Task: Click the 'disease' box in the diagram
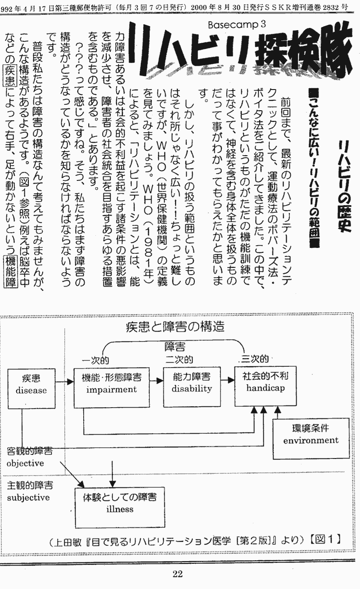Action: tap(31, 388)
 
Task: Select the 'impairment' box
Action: tap(112, 387)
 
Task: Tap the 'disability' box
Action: tap(192, 387)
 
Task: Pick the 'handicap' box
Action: tap(265, 386)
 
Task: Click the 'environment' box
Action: tap(311, 439)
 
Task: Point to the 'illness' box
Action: tap(120, 508)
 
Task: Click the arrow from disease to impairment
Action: tap(64, 382)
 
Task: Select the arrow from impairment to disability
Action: tap(157, 381)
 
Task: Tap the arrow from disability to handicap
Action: tap(227, 380)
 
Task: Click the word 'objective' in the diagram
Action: tap(25, 463)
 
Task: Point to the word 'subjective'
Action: tap(28, 497)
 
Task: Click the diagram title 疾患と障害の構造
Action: tap(175, 327)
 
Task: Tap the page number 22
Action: tap(178, 574)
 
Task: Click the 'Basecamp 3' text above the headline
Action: tap(237, 25)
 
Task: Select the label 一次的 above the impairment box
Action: tap(95, 360)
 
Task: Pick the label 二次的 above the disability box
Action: tap(179, 359)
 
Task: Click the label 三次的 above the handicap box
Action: tap(255, 359)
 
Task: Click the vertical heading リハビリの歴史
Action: tap(345, 186)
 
